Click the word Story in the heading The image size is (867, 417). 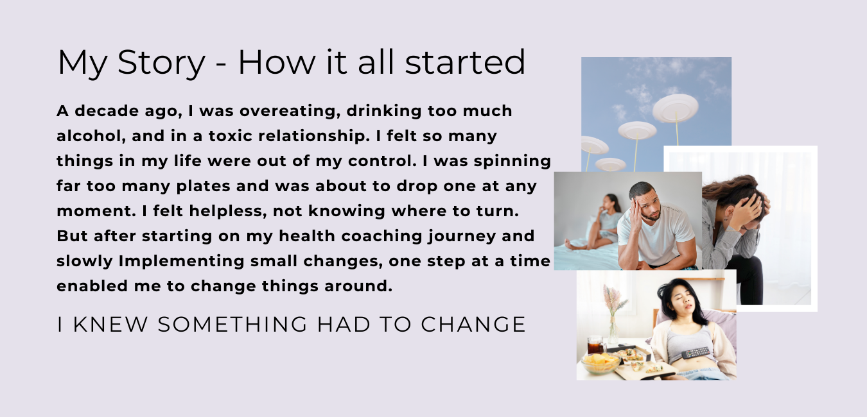coord(161,63)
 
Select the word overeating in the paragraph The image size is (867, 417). coord(290,111)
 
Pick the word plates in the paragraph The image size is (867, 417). coord(203,186)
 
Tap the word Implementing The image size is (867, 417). coord(182,261)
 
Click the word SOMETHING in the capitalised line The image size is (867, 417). coord(232,324)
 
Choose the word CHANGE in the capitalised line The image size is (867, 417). coord(473,324)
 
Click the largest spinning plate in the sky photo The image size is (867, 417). coord(676,108)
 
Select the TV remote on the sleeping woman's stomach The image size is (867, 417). coord(696,352)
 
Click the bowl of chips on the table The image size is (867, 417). coord(600,362)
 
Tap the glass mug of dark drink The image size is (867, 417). coord(596,345)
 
